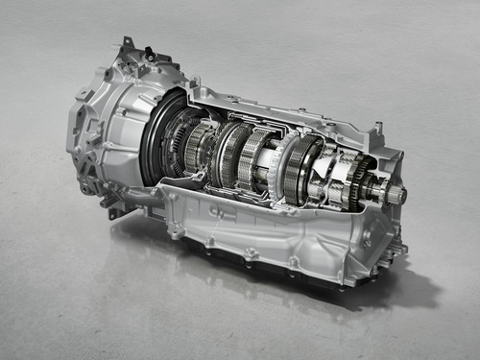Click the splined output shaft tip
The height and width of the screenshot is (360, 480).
(396, 196)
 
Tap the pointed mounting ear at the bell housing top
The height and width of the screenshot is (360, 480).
(126, 44)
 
